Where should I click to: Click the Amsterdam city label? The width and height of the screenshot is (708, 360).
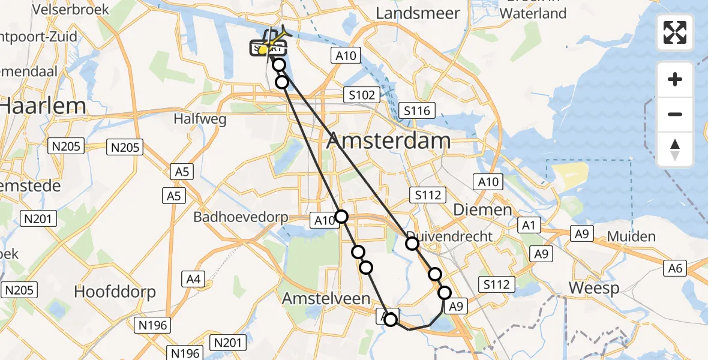click(388, 141)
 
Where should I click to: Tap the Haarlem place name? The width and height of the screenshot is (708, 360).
click(43, 106)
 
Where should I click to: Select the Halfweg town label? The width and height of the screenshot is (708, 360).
click(200, 119)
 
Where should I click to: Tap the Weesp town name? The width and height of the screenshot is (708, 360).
click(594, 288)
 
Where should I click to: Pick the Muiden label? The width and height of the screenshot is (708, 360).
click(631, 236)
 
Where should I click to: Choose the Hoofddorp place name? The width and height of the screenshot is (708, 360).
click(115, 292)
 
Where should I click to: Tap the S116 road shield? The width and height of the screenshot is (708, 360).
click(417, 110)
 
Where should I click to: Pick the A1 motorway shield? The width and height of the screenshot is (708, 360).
click(529, 226)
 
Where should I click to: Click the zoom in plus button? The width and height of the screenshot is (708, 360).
click(675, 79)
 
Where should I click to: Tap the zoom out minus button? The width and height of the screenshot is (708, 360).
click(675, 114)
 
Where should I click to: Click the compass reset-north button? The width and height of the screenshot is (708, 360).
click(675, 149)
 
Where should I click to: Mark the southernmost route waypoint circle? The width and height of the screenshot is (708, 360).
click(391, 319)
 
